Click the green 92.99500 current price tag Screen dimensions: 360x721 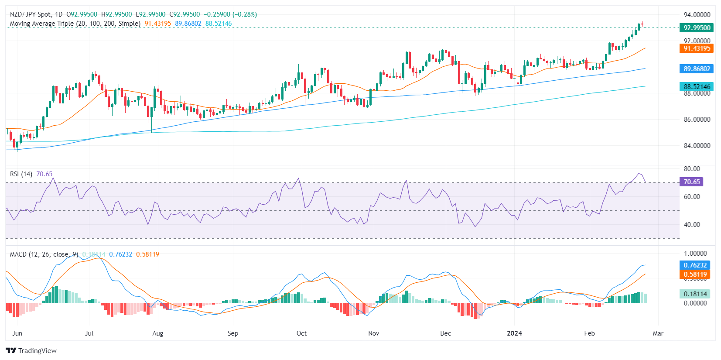coord(697,27)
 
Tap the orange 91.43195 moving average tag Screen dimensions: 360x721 coord(697,48)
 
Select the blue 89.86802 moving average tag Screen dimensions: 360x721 coord(697,69)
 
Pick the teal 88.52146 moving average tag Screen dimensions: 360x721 coord(697,86)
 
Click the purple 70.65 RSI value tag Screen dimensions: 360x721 coord(691,182)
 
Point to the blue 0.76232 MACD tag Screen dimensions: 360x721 coord(695,265)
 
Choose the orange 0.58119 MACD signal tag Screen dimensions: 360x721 coord(695,274)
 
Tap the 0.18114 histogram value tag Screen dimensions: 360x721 coord(695,294)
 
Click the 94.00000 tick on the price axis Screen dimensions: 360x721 coord(697,14)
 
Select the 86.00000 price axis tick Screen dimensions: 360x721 coord(697,119)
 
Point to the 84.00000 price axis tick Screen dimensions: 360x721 coord(697,145)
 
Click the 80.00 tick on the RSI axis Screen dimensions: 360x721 coord(692,168)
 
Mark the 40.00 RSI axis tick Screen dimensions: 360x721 coord(692,224)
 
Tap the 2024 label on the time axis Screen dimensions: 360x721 coord(514,333)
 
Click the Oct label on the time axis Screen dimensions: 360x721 coord(301,333)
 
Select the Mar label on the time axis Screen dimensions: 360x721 coord(658,333)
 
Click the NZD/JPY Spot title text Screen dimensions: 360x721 coord(36,14)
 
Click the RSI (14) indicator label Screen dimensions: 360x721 coord(21,174)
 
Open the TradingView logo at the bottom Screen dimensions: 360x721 coord(31,350)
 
